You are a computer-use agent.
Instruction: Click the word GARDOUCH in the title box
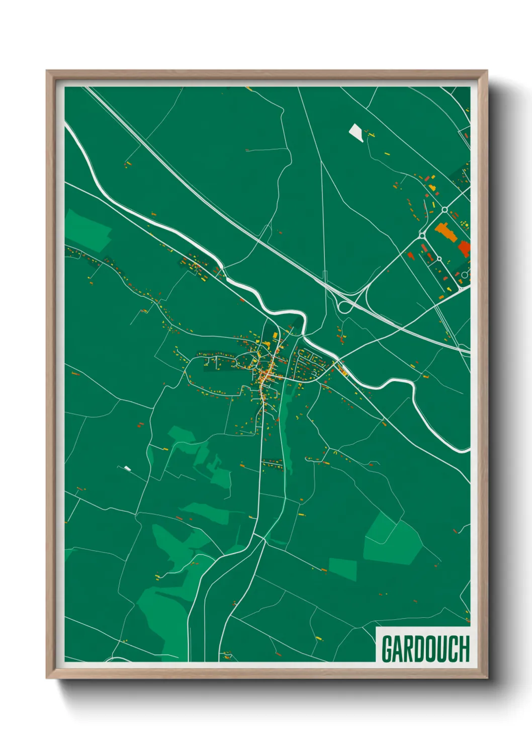[425, 649]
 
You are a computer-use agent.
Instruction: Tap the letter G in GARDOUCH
[387, 649]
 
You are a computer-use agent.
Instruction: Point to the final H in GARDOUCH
[464, 649]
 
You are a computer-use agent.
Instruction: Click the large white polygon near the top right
[356, 133]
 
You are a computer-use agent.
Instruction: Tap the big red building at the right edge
[464, 248]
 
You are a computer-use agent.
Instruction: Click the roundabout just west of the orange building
[422, 235]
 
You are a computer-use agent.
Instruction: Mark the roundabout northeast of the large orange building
[445, 209]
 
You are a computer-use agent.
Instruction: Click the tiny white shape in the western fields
[127, 469]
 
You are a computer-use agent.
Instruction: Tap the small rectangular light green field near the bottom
[342, 569]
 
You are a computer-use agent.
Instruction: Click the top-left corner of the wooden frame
[47, 71]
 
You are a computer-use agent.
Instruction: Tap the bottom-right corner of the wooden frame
[486, 678]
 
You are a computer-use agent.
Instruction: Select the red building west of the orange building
[410, 256]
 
